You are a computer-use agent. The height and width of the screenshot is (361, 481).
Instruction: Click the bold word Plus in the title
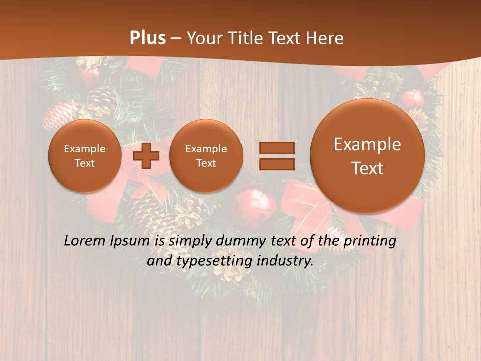(x=147, y=38)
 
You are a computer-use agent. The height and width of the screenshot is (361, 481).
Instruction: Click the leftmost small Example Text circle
(x=85, y=155)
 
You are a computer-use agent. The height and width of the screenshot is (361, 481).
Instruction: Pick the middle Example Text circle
(x=206, y=155)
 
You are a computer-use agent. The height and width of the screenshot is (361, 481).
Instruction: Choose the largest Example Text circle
(x=367, y=156)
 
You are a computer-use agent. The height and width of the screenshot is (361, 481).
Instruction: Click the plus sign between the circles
(x=146, y=156)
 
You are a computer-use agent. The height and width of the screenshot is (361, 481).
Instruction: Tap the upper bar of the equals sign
(x=277, y=148)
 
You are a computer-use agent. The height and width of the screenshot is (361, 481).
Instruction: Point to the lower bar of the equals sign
(x=277, y=164)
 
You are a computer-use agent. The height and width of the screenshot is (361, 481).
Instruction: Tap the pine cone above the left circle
(x=101, y=100)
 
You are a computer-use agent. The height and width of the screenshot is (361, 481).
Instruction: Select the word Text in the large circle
(x=367, y=168)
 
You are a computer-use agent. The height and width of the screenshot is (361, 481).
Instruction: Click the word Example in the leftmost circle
(x=85, y=149)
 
